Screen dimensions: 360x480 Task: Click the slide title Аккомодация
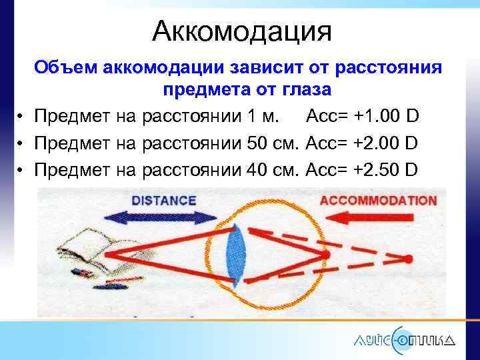[241, 30]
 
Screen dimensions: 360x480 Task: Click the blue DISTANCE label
[164, 200]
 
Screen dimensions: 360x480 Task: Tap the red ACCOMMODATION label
[379, 200]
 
